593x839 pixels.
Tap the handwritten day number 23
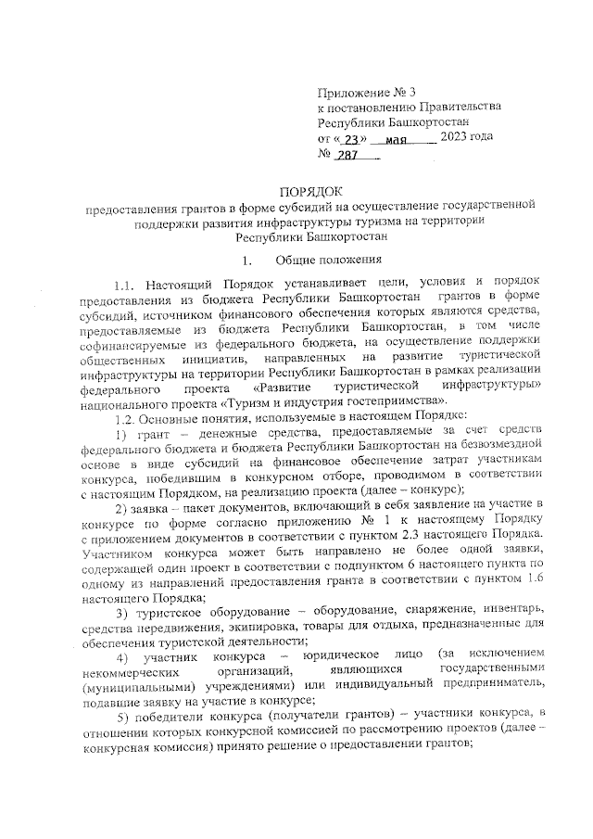[x=349, y=138]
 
